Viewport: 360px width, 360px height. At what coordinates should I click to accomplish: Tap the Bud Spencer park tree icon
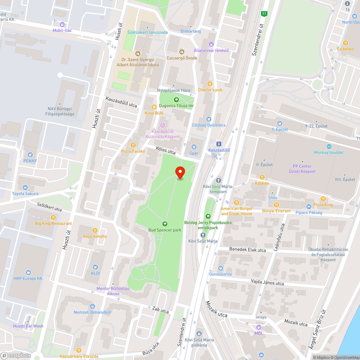pos(165,224)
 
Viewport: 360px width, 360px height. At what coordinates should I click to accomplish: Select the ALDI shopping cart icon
pos(95,267)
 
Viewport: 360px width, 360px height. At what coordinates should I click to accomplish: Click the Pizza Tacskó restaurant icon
pos(133,145)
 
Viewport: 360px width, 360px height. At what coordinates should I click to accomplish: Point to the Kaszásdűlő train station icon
pos(219,144)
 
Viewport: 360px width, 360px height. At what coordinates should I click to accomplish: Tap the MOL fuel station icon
pos(258,327)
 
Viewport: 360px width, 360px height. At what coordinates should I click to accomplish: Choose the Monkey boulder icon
pos(329,146)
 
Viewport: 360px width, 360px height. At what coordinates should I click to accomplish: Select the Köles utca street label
pos(166,150)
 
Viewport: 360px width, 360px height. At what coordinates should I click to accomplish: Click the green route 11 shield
pos(265,14)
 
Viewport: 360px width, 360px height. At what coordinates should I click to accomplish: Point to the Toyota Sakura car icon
pos(25,187)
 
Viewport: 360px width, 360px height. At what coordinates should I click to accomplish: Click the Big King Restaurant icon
pos(53,217)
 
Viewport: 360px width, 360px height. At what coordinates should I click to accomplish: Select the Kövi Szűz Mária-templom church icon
pos(219,180)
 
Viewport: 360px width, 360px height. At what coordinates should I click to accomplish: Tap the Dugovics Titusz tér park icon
pos(176,99)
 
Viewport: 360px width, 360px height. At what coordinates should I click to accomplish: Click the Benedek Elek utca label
pos(247,249)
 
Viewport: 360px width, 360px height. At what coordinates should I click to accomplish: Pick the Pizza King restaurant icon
pos(323,198)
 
